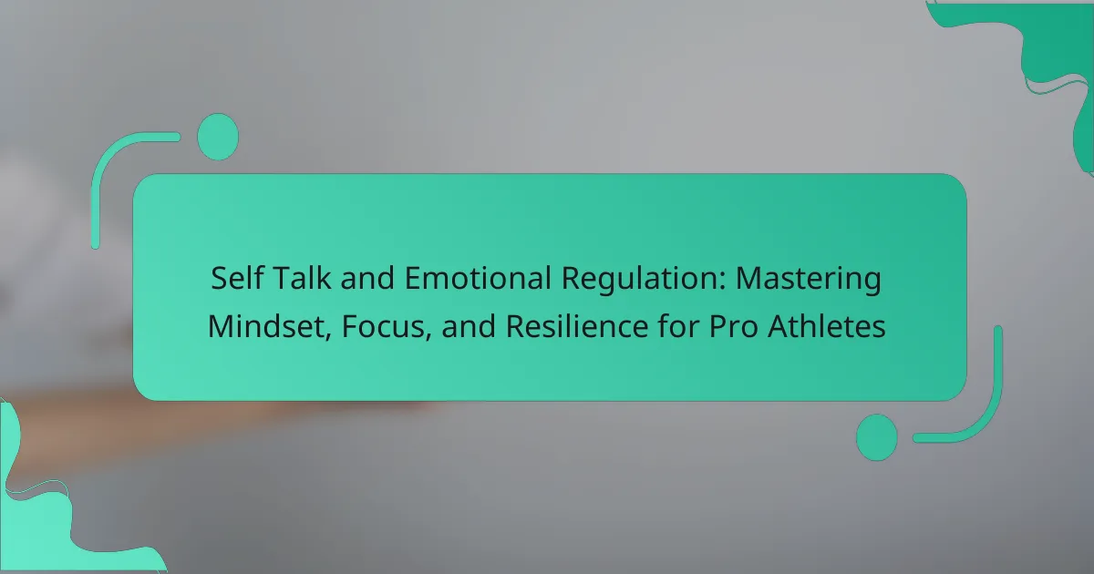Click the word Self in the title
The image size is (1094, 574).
(237, 278)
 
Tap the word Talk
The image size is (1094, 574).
(302, 278)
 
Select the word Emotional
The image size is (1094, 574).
(478, 278)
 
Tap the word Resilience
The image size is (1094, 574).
(577, 326)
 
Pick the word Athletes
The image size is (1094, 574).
(826, 326)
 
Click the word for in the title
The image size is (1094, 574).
(678, 326)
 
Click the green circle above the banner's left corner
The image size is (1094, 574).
(218, 137)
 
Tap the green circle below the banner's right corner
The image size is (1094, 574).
(877, 437)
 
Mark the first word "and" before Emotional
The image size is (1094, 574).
(367, 278)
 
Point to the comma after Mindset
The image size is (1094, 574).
(329, 336)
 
